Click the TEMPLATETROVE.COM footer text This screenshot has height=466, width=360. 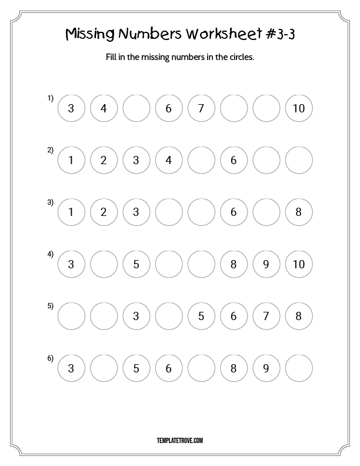tap(180, 440)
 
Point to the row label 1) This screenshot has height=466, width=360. tap(51, 98)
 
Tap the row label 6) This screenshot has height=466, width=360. tap(51, 358)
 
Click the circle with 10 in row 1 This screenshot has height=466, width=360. tap(298, 108)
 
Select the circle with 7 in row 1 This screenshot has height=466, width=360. tap(201, 108)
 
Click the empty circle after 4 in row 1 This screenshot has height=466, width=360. tap(136, 108)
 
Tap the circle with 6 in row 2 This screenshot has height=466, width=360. tap(234, 160)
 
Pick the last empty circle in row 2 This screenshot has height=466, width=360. tap(298, 160)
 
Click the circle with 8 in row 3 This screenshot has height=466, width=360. tap(298, 212)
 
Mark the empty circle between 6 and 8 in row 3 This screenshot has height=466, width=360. tap(266, 212)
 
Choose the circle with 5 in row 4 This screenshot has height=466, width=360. tap(136, 264)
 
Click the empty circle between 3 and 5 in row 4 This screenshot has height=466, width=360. tap(104, 264)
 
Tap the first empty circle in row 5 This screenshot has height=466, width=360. tap(72, 316)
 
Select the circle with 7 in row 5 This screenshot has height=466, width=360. tap(266, 316)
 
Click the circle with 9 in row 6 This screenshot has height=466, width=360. tap(266, 368)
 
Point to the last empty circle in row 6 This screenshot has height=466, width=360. tap(298, 368)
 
